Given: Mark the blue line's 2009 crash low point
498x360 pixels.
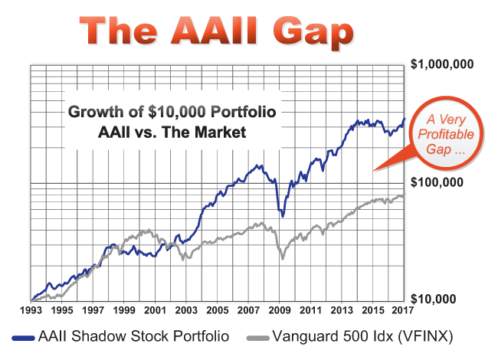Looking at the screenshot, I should pos(283,215).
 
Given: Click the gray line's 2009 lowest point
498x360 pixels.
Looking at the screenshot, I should pos(282,259).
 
